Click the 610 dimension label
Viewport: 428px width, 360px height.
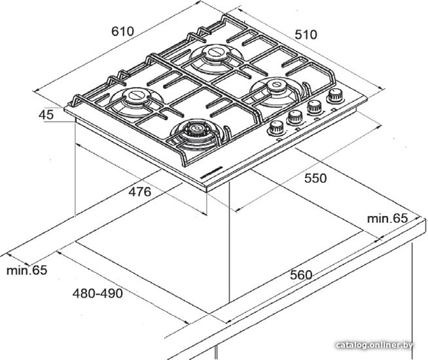click(122, 31)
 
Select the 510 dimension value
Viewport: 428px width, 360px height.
click(306, 35)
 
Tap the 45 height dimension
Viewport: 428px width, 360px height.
click(46, 115)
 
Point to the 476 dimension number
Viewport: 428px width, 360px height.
click(140, 192)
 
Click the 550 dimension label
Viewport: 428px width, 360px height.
click(315, 178)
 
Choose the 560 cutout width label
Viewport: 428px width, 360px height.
click(301, 275)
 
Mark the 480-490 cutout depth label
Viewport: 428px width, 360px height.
click(98, 293)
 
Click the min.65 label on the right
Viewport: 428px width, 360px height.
click(387, 219)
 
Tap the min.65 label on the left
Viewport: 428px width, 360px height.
click(27, 270)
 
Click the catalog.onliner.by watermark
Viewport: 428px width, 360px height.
click(374, 345)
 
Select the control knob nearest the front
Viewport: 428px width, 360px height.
click(276, 128)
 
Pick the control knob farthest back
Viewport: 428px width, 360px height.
click(336, 96)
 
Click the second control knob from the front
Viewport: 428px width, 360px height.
click(295, 117)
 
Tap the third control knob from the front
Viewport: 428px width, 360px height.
click(314, 107)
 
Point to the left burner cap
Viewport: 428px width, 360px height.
click(134, 95)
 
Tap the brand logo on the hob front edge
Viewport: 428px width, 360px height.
click(212, 172)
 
